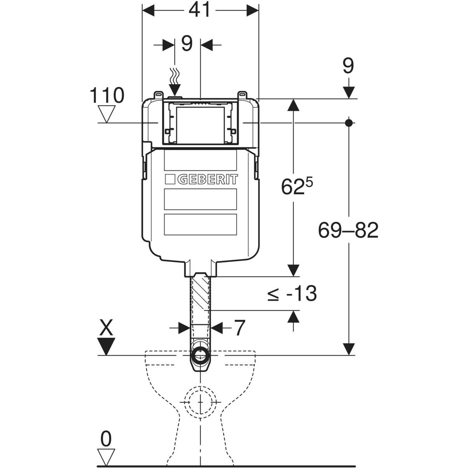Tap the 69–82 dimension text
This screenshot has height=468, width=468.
(348, 230)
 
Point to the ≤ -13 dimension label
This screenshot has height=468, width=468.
(292, 294)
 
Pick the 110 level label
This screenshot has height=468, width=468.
(107, 96)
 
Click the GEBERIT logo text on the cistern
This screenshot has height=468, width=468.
(207, 180)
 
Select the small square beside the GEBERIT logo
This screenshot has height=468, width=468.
(170, 180)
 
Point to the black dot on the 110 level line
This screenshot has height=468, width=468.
(349, 123)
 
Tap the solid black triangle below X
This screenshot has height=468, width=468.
(106, 346)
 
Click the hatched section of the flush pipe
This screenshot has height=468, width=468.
(200, 292)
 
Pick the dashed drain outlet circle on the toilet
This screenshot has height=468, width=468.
(200, 402)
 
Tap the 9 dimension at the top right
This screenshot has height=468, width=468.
(348, 66)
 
